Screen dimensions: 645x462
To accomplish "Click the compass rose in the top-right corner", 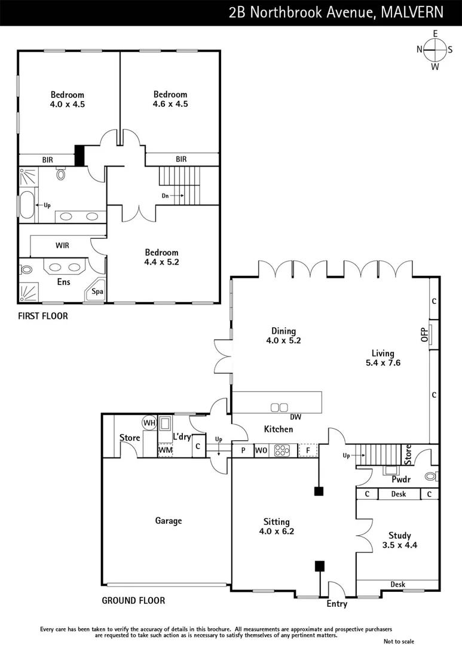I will pos(435,50).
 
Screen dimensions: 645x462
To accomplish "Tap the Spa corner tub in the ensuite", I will pos(97,292).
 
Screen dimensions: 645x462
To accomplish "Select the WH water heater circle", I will pos(149,423).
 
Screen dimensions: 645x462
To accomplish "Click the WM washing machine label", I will pos(166,450).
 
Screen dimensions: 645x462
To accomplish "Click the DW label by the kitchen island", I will pos(294,416).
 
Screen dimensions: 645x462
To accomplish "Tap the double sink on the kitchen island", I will pos(279,407).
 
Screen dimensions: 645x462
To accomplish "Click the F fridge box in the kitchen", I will pos(308,450).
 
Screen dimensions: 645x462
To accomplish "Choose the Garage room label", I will pos(169,521).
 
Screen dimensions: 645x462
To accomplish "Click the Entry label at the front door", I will pos(336,604).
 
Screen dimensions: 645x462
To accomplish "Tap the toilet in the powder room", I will pos(430,477).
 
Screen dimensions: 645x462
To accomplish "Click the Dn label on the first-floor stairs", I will pos(165,195).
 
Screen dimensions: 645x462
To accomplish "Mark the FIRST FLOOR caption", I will pos(43,316).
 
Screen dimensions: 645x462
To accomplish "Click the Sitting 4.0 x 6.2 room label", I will pos(276,526).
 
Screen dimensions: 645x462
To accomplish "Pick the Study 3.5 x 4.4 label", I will pos(399,540).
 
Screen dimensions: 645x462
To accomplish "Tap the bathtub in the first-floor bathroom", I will pos(27,205).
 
